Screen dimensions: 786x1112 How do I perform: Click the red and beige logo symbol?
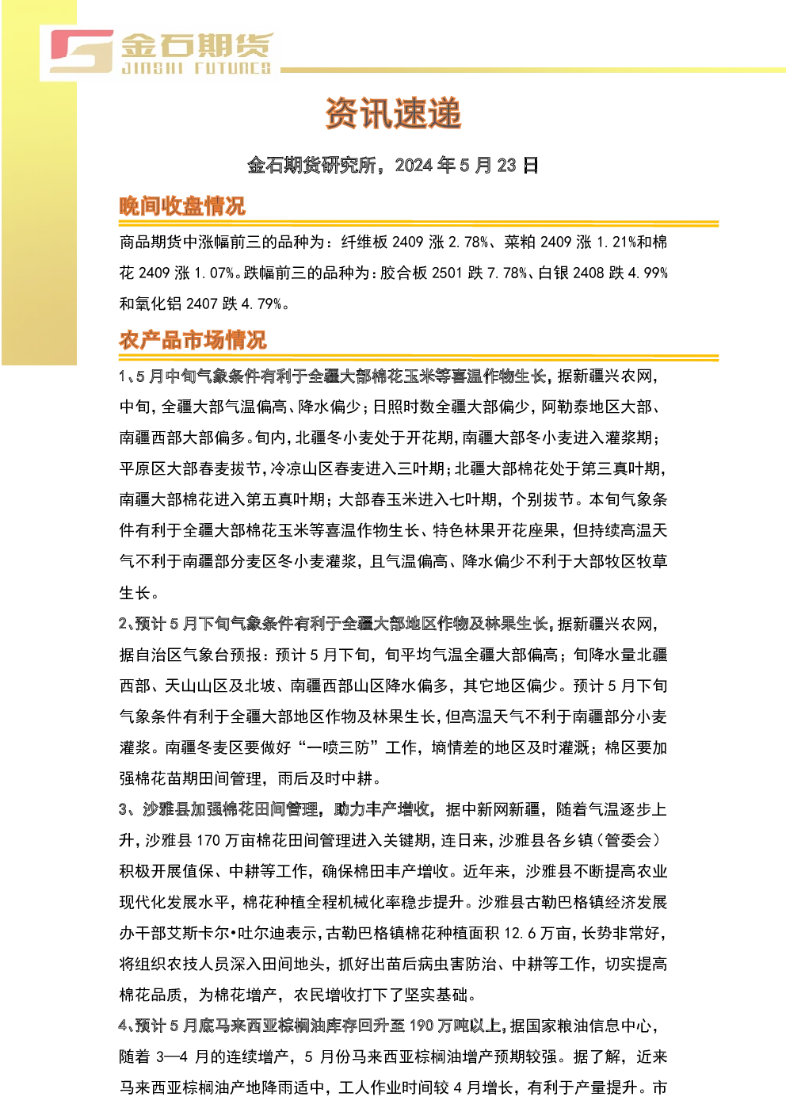82,52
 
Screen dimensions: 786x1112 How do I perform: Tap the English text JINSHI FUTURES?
196,68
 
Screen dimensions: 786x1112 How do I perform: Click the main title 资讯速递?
393,113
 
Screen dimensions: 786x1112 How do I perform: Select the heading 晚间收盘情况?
181,206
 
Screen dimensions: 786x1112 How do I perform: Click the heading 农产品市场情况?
193,340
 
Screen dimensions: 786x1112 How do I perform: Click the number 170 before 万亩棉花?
208,840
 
